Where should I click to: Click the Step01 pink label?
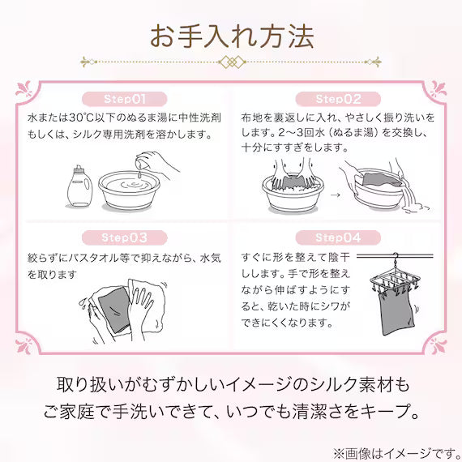[125, 99]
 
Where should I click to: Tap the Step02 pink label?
[338, 99]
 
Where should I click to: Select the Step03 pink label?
[125, 237]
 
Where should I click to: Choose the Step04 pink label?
[338, 237]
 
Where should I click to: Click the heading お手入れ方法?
[232, 36]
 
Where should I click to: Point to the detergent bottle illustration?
[79, 186]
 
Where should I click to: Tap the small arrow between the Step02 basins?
[336, 195]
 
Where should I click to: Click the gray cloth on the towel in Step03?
[114, 310]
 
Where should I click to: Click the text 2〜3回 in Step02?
[297, 133]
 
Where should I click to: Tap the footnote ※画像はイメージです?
[397, 454]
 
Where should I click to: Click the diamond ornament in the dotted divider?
[232, 62]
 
